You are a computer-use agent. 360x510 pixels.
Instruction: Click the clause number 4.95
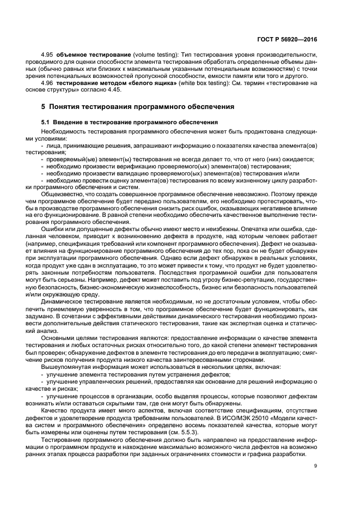[x=47, y=56]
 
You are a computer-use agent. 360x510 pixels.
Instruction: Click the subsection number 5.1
[x=46, y=122]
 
